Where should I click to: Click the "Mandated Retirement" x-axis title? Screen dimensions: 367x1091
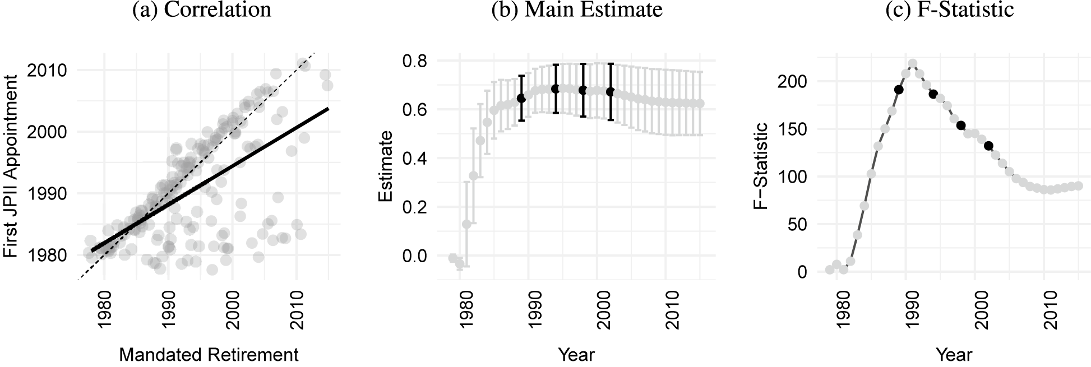tap(209, 355)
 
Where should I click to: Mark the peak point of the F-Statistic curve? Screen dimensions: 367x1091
tap(913, 64)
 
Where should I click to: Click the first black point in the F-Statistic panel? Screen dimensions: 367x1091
tap(899, 90)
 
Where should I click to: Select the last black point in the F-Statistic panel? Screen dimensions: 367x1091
tap(988, 146)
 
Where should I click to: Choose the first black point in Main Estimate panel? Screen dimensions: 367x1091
tap(521, 98)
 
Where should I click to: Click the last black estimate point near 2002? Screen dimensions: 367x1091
tap(611, 91)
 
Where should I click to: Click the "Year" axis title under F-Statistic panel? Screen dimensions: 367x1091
tap(953, 355)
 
